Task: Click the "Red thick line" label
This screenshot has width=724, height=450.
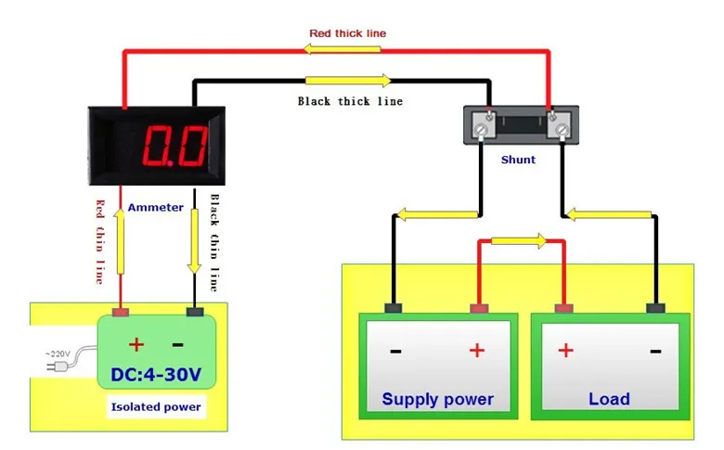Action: [x=348, y=33]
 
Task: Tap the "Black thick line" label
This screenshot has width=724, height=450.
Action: [x=350, y=101]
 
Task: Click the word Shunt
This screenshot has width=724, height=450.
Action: [x=518, y=160]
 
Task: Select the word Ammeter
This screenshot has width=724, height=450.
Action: [x=156, y=207]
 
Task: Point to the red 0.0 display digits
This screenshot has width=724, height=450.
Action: [x=175, y=146]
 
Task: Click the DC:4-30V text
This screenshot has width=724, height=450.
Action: [x=156, y=374]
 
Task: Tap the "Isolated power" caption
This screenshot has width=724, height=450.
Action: [x=156, y=407]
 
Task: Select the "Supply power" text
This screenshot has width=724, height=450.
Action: [x=438, y=399]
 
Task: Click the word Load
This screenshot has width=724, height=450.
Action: [x=609, y=399]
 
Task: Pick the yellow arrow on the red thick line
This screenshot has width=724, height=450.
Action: [x=343, y=49]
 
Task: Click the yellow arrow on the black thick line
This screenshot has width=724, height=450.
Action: [x=348, y=81]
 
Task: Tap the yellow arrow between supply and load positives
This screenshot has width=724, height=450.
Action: [x=519, y=240]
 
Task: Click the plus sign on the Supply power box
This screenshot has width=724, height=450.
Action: [x=477, y=351]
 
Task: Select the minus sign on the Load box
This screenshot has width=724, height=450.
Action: [x=655, y=352]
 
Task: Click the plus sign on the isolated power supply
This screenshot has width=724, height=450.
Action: [x=136, y=344]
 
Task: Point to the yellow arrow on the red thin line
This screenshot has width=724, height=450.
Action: [x=120, y=241]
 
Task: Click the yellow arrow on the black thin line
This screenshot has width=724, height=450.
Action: [x=194, y=241]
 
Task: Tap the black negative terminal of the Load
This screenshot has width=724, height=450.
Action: [x=655, y=308]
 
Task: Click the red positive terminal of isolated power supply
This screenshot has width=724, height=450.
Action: [x=121, y=312]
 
